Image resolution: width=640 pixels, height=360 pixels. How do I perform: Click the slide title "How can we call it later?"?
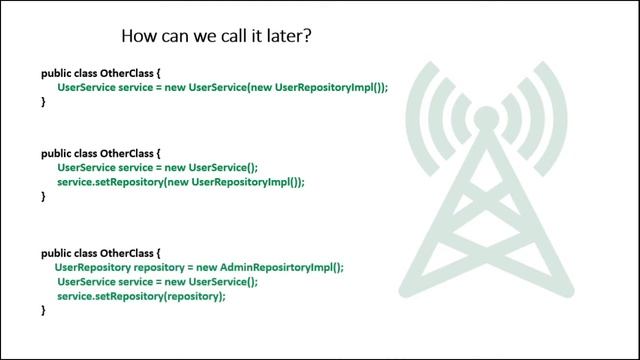pyautogui.click(x=220, y=37)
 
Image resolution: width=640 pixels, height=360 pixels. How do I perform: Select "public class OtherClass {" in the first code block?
pyautogui.click(x=99, y=74)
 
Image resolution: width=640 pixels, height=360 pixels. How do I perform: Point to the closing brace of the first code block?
pyautogui.click(x=43, y=102)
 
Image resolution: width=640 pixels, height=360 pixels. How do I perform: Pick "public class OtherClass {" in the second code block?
pyautogui.click(x=99, y=154)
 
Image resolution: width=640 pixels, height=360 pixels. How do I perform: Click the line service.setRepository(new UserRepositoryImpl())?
pyautogui.click(x=180, y=182)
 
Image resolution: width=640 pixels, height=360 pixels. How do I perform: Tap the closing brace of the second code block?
pyautogui.click(x=43, y=197)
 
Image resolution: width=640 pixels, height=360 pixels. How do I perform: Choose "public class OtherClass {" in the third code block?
pyautogui.click(x=99, y=254)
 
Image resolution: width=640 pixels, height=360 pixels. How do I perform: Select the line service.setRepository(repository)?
pyautogui.click(x=141, y=297)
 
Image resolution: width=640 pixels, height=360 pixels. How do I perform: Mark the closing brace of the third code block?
pyautogui.click(x=43, y=311)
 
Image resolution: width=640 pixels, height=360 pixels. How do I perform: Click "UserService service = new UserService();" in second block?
pyautogui.click(x=157, y=168)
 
